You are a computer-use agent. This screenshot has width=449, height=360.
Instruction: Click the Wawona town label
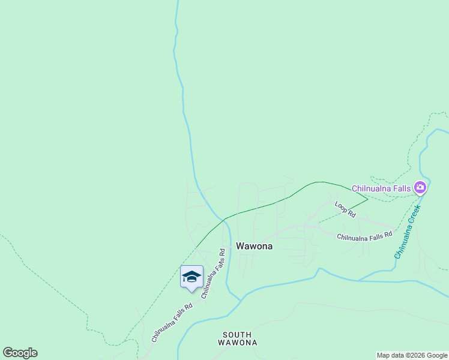coord(254,246)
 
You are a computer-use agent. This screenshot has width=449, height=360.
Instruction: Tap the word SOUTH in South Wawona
coord(237,335)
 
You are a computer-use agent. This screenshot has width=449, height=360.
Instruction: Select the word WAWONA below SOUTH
coord(237,343)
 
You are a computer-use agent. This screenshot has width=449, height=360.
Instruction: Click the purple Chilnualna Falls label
coord(381,188)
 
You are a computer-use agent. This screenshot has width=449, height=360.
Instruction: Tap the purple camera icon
coord(420,188)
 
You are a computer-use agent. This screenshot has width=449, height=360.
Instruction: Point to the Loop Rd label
coord(345,208)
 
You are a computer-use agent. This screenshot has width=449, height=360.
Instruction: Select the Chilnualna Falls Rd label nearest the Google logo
coord(172,322)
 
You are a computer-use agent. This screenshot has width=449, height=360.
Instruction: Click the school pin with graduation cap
coord(191,277)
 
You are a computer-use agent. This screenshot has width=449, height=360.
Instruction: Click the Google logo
coord(20,353)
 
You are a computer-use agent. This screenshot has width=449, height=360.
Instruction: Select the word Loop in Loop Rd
coord(341,206)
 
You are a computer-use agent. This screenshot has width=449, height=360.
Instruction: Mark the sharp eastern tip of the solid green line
coord(367,199)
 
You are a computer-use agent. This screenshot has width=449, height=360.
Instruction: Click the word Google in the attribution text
coord(437,355)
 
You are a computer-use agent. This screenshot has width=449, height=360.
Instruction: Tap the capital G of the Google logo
coord(8,353)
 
